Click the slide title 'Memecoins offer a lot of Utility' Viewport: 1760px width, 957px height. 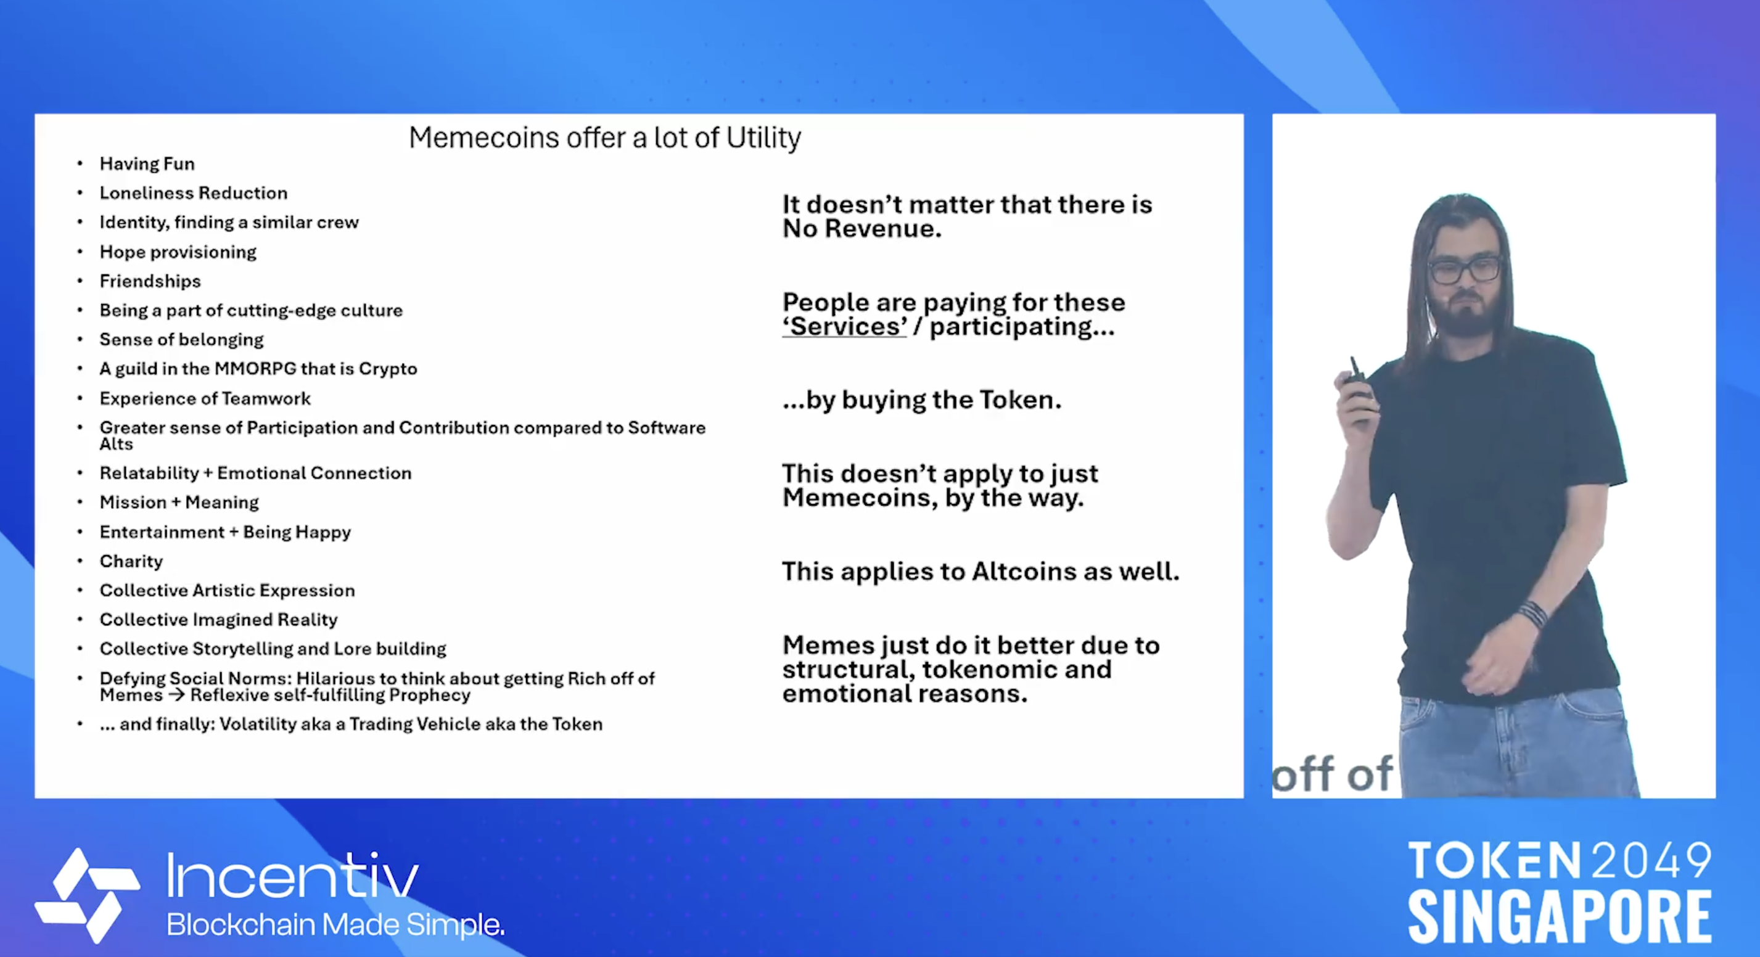click(x=605, y=138)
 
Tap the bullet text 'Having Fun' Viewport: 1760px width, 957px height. click(x=147, y=164)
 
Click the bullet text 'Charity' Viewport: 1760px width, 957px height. click(x=131, y=562)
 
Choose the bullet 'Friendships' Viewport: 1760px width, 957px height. click(x=150, y=281)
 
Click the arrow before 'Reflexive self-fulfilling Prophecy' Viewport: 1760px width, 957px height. click(x=176, y=696)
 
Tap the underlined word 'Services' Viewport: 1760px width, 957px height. click(x=844, y=327)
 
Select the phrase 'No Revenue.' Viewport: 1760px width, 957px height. click(x=861, y=229)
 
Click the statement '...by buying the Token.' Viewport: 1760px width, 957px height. click(x=922, y=400)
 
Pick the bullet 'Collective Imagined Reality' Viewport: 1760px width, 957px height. click(x=219, y=620)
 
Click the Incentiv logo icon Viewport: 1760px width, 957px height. click(x=88, y=895)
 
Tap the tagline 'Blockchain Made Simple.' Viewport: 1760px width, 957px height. click(x=335, y=924)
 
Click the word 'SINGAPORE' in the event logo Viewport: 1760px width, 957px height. click(x=1560, y=916)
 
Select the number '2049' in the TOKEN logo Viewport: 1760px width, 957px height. click(x=1652, y=861)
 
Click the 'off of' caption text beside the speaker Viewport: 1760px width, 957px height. click(x=1331, y=774)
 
